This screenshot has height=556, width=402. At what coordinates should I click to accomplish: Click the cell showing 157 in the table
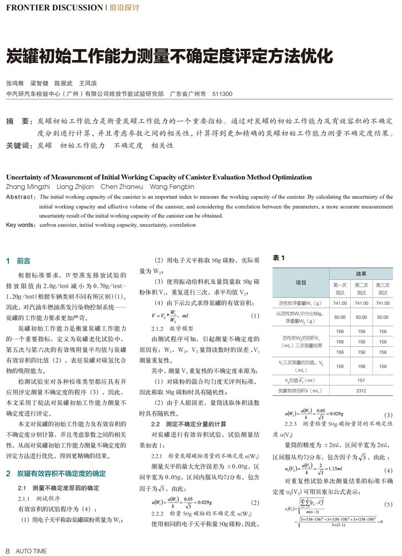361,380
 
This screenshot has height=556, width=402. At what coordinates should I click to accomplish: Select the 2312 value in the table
361,390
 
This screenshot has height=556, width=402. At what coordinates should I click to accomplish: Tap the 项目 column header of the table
301,283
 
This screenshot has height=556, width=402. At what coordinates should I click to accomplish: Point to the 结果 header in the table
361,274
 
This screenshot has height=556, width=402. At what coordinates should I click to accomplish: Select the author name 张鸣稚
14,83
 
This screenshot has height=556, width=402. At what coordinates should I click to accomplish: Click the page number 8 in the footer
8,551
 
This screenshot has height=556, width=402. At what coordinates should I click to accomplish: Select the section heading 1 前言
18,260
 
